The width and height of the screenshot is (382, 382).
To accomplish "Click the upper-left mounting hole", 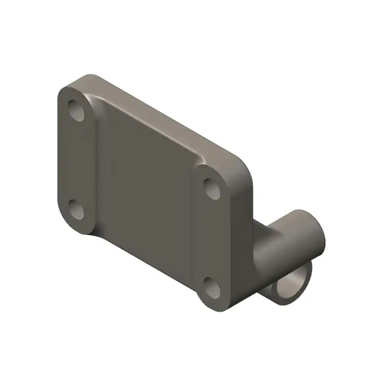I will pos(76,110).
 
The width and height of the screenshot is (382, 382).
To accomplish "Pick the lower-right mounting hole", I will pos(212,287).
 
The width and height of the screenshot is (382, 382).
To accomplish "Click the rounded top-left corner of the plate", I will pos(67,91).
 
